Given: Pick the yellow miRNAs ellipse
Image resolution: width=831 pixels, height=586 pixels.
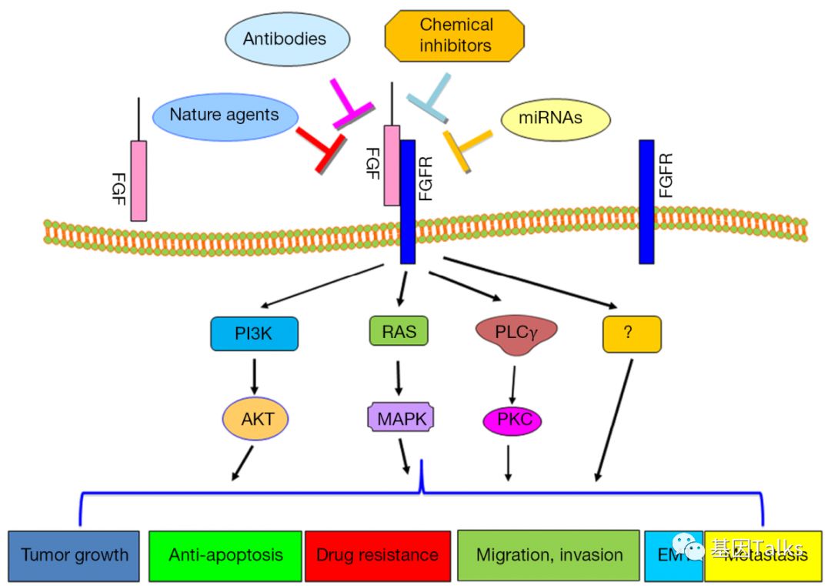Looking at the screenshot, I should click(555, 119).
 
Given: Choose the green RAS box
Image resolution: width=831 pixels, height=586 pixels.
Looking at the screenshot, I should click(399, 331).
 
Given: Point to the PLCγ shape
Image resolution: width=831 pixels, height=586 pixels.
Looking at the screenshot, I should click(516, 334).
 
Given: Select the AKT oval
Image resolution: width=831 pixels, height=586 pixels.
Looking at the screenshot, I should click(253, 420).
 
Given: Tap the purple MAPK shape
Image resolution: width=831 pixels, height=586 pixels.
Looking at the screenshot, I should click(400, 417).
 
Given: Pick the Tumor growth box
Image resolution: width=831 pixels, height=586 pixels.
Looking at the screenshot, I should click(75, 555).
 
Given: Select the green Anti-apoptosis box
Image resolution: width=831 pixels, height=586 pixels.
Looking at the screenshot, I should click(225, 555).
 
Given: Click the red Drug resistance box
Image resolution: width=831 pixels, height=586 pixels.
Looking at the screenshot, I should click(377, 555).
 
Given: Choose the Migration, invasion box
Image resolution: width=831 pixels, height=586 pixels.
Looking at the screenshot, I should click(549, 554).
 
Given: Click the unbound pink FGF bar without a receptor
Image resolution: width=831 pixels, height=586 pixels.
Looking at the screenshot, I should click(138, 180).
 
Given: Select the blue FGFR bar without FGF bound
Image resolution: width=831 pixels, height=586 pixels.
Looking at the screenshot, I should click(646, 200).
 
